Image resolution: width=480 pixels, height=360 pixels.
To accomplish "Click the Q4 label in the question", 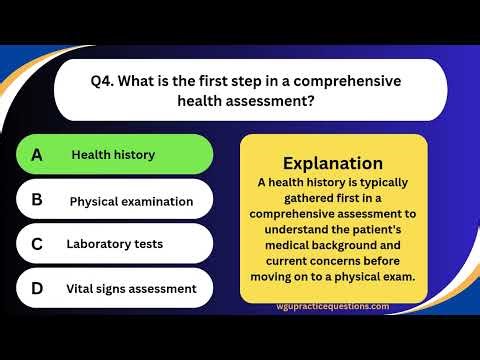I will [x=104, y=81].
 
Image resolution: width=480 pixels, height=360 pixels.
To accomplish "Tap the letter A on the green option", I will [x=37, y=155].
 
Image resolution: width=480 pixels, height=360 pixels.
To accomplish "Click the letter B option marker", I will [x=37, y=200].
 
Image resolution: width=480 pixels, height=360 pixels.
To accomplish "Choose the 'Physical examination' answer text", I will [x=131, y=201].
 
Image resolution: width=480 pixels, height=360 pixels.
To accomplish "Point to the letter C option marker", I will [x=37, y=243].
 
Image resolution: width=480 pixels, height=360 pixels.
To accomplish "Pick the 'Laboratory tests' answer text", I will [x=114, y=243].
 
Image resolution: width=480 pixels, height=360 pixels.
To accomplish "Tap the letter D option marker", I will [x=37, y=288].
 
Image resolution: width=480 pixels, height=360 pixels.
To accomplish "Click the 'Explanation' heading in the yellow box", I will [x=333, y=162].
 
